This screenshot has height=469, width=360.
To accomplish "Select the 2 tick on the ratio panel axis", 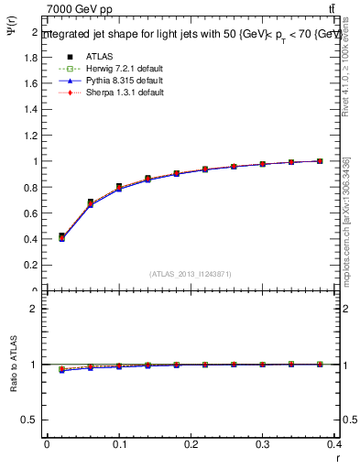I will (34, 309).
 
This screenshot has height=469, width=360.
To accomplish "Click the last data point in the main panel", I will (320, 160).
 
